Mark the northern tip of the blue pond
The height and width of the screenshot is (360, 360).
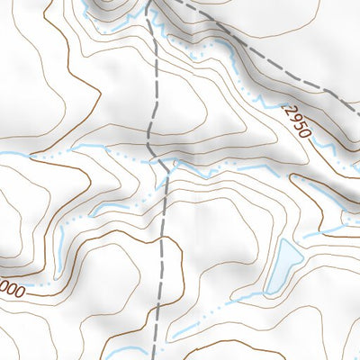tap(285, 240)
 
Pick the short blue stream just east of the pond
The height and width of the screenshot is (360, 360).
tap(315, 235)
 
